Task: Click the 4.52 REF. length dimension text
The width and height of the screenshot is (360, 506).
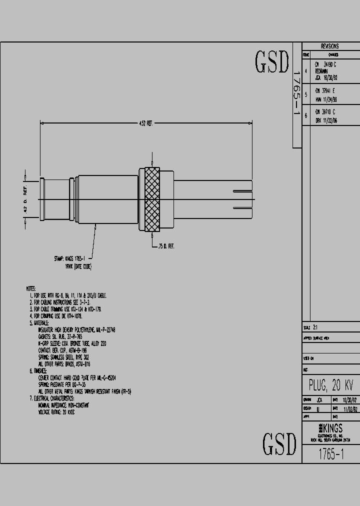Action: point(145,123)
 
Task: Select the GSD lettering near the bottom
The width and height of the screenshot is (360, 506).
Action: point(279,443)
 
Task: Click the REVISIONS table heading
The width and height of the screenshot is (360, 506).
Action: point(329,46)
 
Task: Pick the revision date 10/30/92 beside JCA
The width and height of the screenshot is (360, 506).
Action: point(330,78)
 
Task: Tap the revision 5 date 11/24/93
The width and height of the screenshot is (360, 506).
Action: point(333,99)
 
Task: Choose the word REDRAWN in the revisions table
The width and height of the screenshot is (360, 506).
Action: point(322,71)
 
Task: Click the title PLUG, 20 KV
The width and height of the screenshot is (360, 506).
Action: point(331,385)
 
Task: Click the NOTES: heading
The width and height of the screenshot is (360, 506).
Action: point(31,288)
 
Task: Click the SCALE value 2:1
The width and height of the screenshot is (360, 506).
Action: point(315,328)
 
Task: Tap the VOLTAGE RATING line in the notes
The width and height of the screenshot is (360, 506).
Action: point(56,413)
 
